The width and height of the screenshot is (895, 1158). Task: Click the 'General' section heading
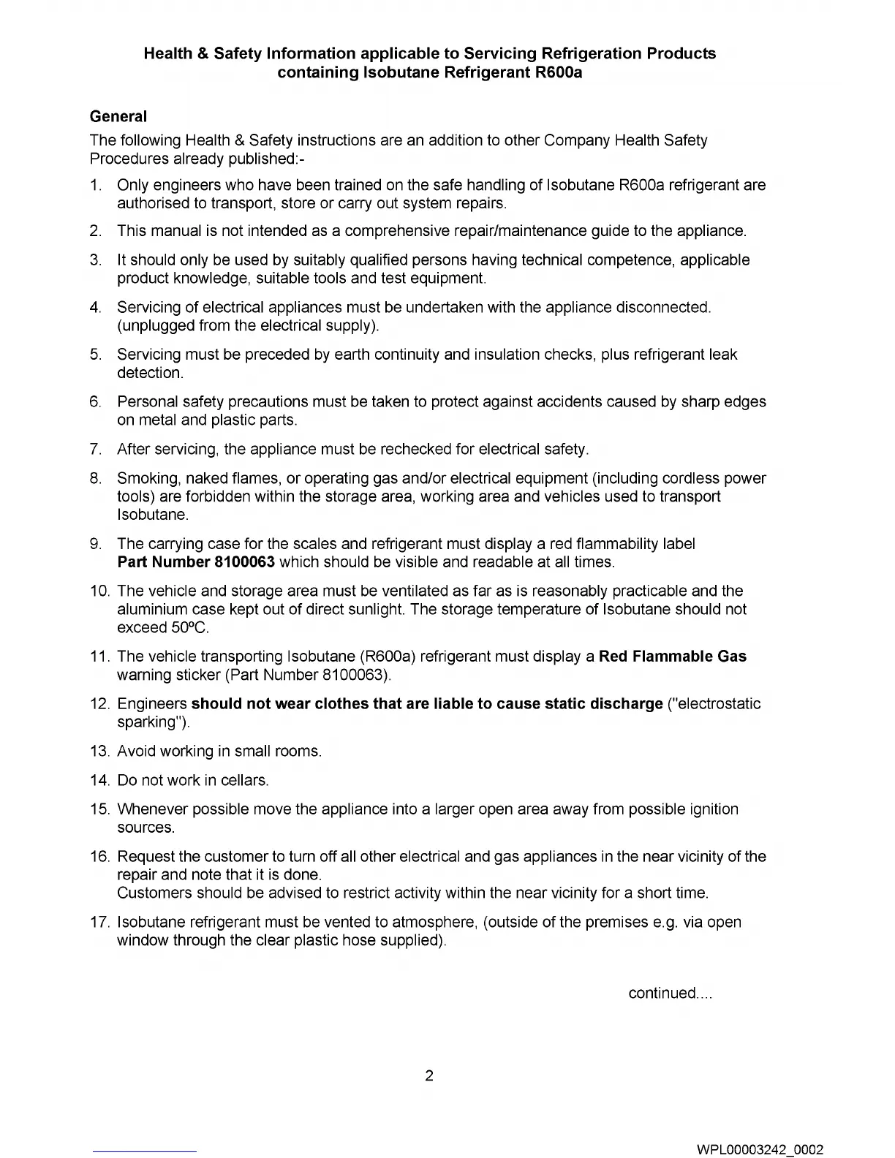click(118, 116)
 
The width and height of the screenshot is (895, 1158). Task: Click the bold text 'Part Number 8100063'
click(196, 562)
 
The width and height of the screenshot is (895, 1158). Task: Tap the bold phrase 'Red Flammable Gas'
click(672, 656)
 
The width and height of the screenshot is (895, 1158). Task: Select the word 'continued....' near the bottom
click(670, 993)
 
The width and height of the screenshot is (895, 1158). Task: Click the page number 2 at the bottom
click(429, 1075)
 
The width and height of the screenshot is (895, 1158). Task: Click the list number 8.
click(96, 479)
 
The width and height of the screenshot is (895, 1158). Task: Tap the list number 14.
click(99, 781)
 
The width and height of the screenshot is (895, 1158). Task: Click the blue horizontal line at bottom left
click(145, 1153)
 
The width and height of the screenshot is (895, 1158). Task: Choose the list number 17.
click(99, 923)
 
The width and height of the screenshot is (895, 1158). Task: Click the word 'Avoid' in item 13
click(135, 752)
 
